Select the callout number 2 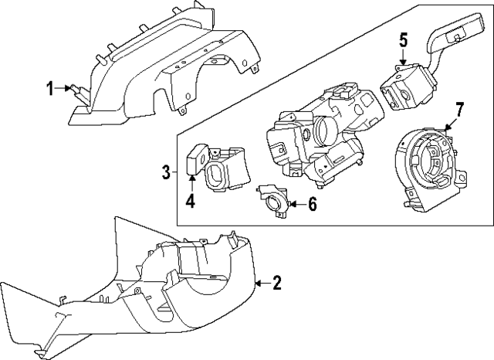point(278,284)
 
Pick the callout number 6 point(313,204)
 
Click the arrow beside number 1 point(68,89)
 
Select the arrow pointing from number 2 point(261,284)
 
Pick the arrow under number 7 point(452,124)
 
